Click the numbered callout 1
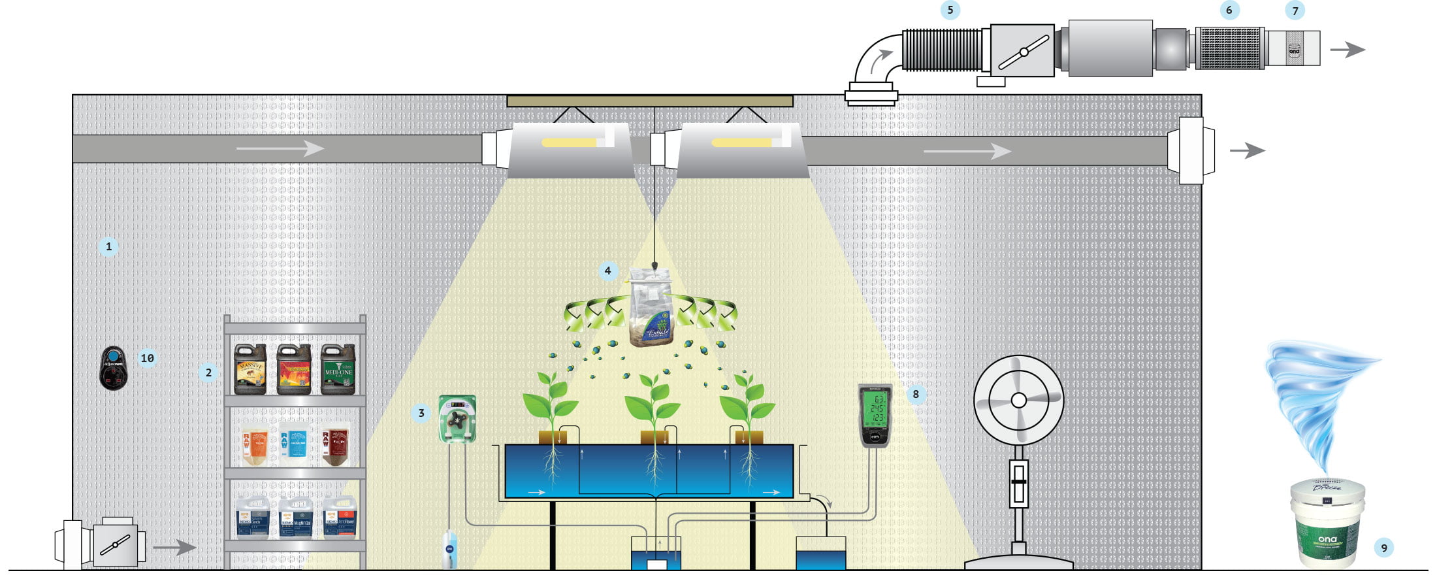(x=108, y=247)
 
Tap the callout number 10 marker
(x=148, y=358)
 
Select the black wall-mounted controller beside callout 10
(x=114, y=368)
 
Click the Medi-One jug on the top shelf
(x=338, y=369)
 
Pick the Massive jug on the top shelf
(x=250, y=369)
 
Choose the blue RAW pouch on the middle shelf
(x=293, y=444)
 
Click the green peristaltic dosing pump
(x=457, y=419)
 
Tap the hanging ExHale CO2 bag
(x=651, y=307)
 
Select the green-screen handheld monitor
(x=875, y=415)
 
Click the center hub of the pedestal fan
(x=1018, y=399)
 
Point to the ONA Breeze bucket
(x=1327, y=522)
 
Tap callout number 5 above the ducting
(x=950, y=10)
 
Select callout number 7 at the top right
(x=1295, y=10)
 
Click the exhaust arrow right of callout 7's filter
(x=1348, y=50)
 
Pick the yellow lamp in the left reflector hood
(x=569, y=142)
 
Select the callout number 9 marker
(x=1383, y=548)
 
